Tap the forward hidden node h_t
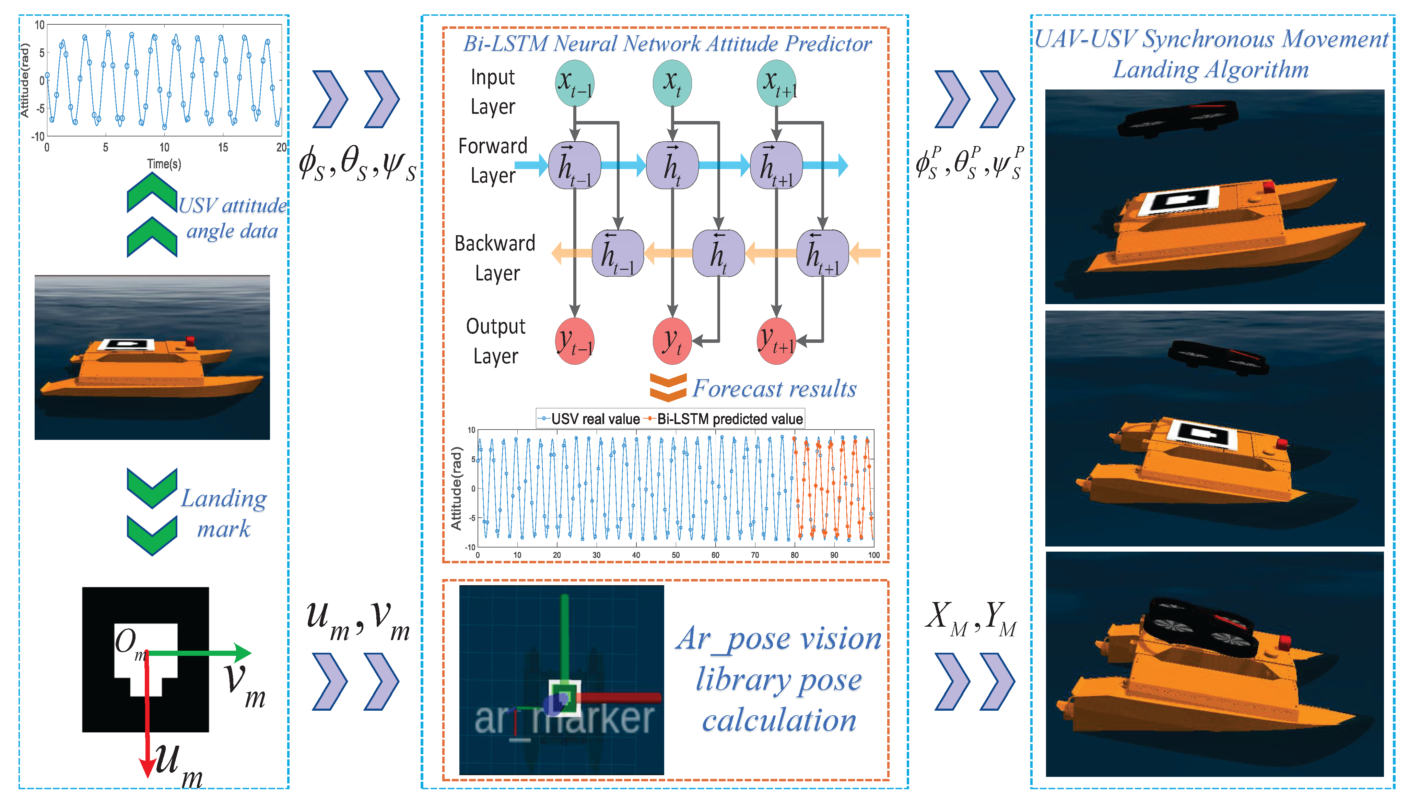coord(672,165)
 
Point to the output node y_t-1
coord(574,341)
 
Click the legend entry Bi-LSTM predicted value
coord(729,419)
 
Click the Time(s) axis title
coord(164,164)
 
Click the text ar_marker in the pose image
coord(564,719)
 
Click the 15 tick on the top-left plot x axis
coord(223,147)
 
